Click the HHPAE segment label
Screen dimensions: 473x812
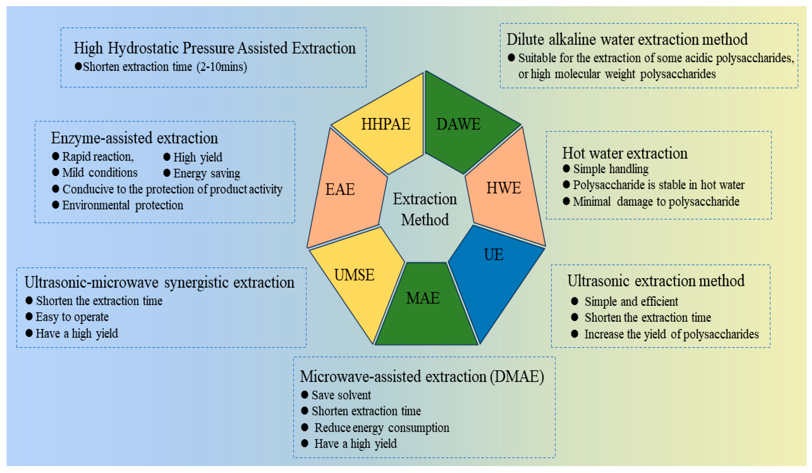385,124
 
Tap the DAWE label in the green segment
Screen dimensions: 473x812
458,124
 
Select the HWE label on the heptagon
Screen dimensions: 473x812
503,188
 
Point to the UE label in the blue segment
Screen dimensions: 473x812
493,255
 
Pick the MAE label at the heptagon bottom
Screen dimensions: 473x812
422,298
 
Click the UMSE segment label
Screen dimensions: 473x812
354,275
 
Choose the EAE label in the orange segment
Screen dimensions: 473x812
340,189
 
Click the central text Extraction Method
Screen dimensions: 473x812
425,209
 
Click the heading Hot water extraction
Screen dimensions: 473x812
624,153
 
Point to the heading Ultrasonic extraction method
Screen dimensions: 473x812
656,281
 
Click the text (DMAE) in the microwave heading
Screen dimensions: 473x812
517,376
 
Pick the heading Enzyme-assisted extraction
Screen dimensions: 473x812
134,138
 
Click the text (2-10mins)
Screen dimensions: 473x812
222,67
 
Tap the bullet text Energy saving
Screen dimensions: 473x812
207,173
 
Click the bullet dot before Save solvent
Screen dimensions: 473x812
304,394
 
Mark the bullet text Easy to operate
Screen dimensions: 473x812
72,317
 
